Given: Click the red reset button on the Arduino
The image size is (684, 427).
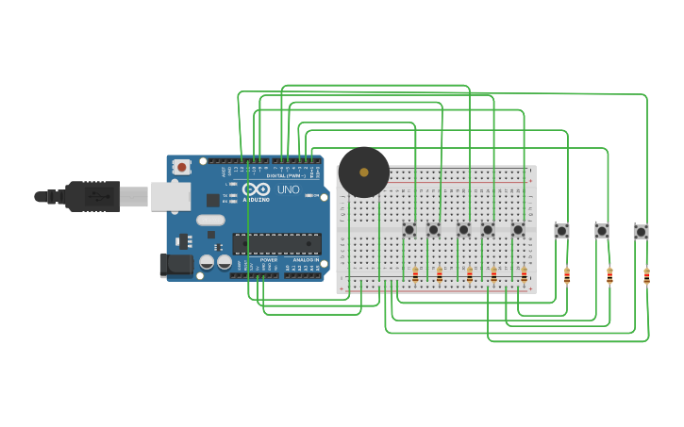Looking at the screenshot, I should point(182,167).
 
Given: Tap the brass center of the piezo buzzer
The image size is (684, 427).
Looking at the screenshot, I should point(364,172).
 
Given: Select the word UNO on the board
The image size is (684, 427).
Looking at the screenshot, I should point(289,189).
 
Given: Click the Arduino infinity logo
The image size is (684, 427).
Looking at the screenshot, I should point(256,189).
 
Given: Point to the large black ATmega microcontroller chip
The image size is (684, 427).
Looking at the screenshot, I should point(276,244).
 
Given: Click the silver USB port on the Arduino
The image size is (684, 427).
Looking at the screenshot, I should point(170,196).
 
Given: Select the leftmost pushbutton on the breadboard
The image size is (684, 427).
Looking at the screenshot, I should point(409,230).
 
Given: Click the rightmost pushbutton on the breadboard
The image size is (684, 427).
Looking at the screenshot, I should point(518,230).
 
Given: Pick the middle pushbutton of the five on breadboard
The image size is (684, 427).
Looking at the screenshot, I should point(463,230).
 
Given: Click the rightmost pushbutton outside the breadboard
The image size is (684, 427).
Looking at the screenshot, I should point(642,232).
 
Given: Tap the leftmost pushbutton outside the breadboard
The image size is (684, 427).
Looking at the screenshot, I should point(562,231).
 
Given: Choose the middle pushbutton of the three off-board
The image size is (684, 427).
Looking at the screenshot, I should point(602,231).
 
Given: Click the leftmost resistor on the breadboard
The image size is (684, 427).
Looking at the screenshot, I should point(415,274).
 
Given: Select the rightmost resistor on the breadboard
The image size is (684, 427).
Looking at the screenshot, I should point(525,274).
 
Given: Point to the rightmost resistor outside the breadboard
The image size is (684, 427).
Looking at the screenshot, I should point(647,276).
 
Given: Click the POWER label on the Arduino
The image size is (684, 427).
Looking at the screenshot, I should point(269,259).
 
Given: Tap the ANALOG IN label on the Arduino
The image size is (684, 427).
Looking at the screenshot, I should point(306,259).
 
